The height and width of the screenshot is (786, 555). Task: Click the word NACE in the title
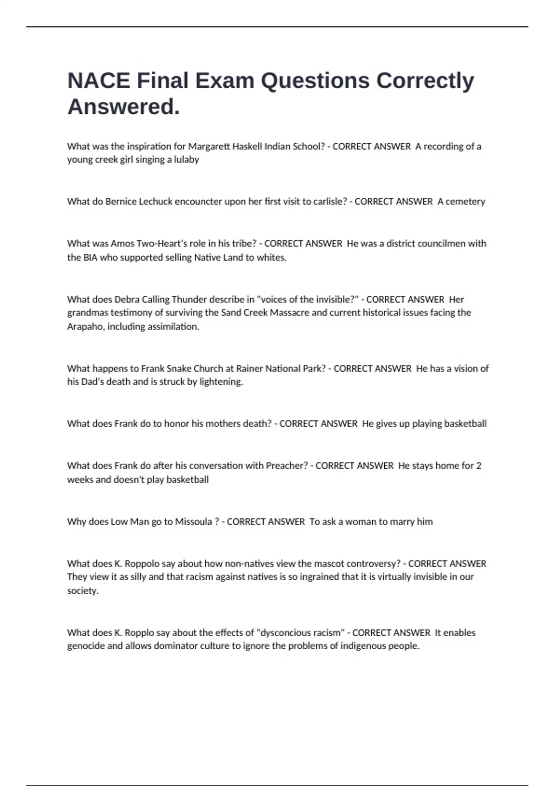(x=99, y=81)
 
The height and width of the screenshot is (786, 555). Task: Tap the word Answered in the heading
(x=122, y=107)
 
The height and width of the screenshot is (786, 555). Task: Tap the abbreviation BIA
(x=90, y=258)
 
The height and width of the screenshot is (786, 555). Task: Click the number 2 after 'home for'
(x=478, y=466)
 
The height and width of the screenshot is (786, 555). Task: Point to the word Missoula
(x=193, y=522)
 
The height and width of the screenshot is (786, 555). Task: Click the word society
(x=83, y=591)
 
